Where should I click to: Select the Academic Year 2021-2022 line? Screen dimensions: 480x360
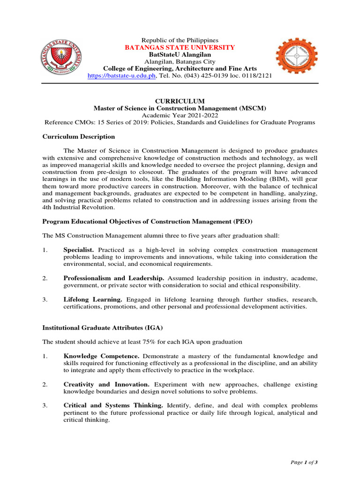tap(180, 115)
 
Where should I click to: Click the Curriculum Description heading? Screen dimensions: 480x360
tap(79, 136)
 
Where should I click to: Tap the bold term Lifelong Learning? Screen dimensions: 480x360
tap(93, 299)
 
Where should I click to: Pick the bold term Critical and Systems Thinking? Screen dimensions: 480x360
tap(113, 405)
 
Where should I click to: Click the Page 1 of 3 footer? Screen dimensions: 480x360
tap(304, 462)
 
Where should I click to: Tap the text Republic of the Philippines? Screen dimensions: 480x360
tap(180, 41)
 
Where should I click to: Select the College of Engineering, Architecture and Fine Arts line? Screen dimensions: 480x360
tap(180, 68)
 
